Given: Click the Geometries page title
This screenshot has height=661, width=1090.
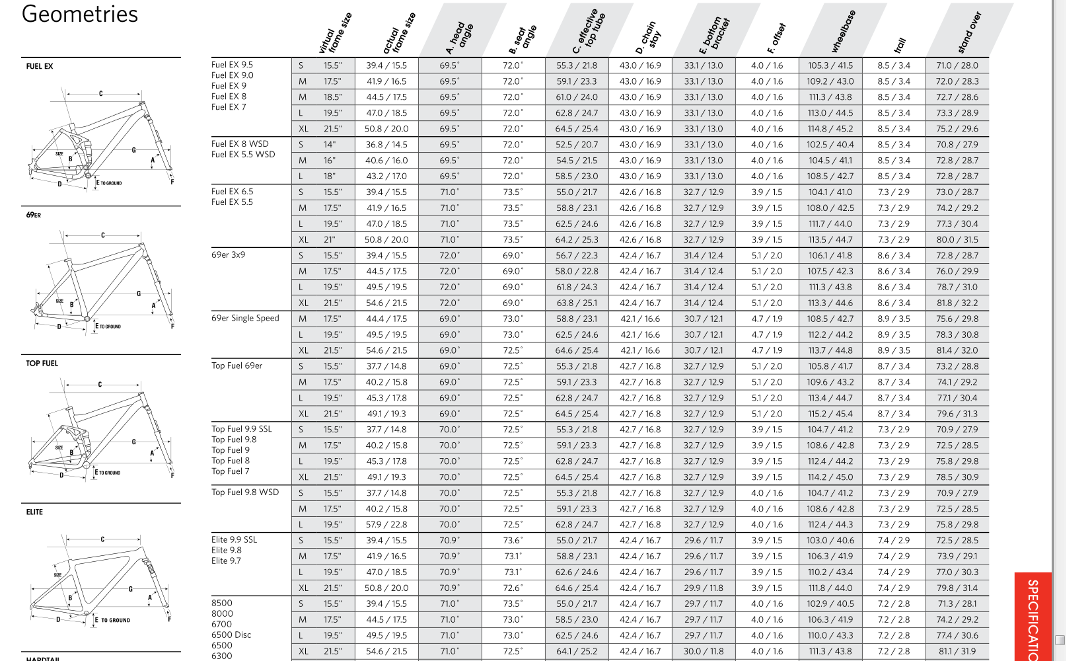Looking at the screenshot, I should coord(80,15).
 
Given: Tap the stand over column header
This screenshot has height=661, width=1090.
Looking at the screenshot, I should coord(970,32).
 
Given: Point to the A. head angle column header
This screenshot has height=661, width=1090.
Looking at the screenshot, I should coord(460,36).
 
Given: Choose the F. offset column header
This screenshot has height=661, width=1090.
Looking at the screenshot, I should coord(776,38).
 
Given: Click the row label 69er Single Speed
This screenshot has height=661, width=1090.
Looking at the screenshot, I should coord(245,318).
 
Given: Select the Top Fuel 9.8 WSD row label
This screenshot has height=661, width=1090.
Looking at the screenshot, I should coord(245,492).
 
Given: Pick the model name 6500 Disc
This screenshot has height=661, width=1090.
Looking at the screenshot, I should coord(231,635).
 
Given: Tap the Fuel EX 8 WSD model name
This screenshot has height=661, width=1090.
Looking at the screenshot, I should coord(240,144).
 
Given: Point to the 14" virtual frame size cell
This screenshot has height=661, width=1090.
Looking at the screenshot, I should coord(330,145).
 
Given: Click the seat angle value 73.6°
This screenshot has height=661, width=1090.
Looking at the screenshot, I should coord(513,541).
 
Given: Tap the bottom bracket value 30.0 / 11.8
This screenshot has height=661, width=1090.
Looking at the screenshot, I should coord(704,651).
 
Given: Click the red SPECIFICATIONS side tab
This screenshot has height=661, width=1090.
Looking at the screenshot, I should coord(1033,618).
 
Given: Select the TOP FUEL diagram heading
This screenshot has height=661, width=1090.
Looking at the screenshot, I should coord(42,364).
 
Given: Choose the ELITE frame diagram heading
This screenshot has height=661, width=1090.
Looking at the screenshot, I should coord(34,512).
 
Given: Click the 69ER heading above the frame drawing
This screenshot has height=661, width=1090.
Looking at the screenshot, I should coord(34,215).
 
